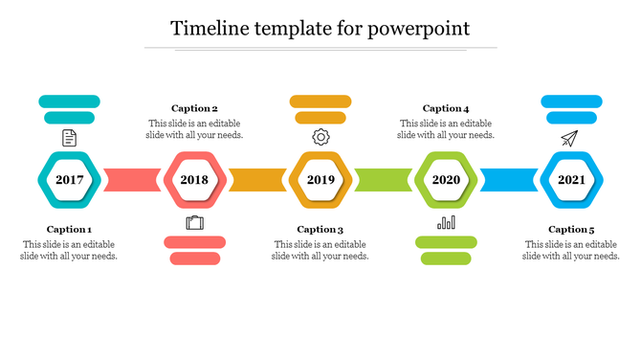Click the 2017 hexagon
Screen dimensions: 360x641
tap(69, 180)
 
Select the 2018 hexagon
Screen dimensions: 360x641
tap(194, 180)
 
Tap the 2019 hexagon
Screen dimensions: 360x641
tap(320, 180)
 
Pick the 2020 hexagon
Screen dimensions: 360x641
tap(446, 180)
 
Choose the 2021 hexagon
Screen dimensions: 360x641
tap(571, 180)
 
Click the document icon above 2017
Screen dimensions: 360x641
tap(69, 138)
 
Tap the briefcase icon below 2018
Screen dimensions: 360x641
tap(194, 223)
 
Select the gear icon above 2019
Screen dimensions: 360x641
tap(320, 138)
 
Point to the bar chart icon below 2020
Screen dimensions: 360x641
tap(446, 223)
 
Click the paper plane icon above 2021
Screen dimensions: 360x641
tap(571, 139)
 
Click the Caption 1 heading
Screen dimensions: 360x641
tap(69, 230)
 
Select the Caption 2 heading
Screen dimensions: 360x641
tap(194, 109)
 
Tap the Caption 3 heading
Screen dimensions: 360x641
tap(320, 230)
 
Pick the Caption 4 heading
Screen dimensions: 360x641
tap(446, 109)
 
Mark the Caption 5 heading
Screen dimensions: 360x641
tap(571, 230)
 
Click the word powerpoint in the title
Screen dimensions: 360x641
tap(421, 28)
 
